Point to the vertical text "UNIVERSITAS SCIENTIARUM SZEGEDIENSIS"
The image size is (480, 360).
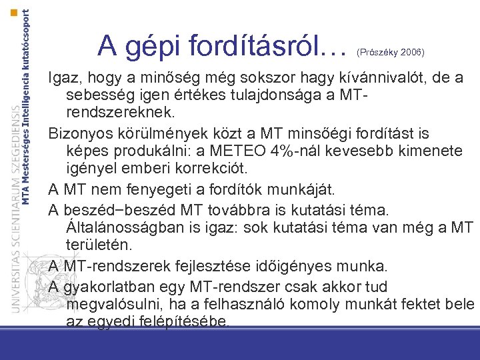(x=15, y=200)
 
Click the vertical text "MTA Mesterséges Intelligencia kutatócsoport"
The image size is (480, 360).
(x=27, y=107)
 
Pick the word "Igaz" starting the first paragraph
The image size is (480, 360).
(x=64, y=79)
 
